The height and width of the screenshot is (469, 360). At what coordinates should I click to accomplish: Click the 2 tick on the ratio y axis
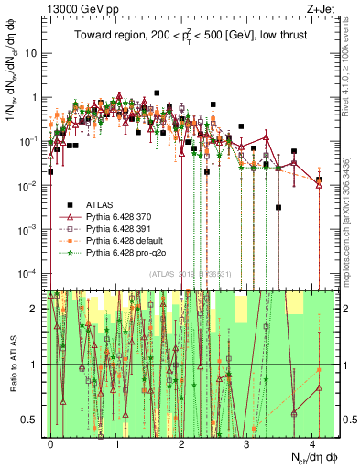pos(35,309)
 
